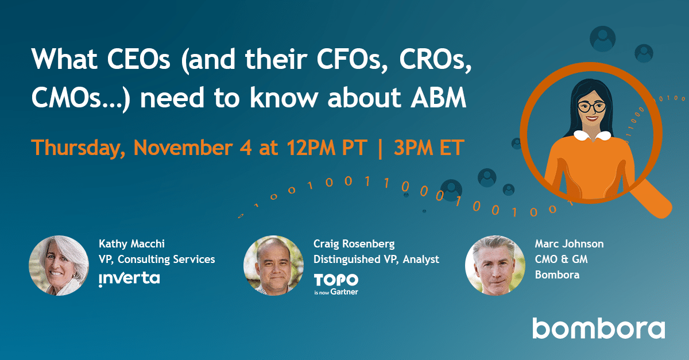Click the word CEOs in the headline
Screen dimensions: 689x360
[138, 59]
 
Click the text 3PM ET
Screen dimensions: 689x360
[429, 148]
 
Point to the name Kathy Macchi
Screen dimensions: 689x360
[131, 244]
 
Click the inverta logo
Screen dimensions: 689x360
[129, 279]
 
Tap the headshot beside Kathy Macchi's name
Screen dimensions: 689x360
[59, 265]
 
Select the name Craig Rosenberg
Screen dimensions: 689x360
[354, 244]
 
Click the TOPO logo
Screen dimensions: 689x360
[336, 280]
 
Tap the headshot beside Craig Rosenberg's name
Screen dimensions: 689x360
[273, 265]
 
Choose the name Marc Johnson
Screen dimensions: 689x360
[569, 244]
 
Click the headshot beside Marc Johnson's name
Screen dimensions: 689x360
[495, 265]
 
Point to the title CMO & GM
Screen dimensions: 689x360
[562, 259]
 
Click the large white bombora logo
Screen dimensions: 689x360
[598, 328]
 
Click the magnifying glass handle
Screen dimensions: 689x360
[651, 199]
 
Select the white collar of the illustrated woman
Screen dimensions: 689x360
[593, 136]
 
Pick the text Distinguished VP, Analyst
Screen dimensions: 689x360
[376, 260]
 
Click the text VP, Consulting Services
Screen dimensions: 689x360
[157, 260]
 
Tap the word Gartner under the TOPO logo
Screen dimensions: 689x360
[344, 292]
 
